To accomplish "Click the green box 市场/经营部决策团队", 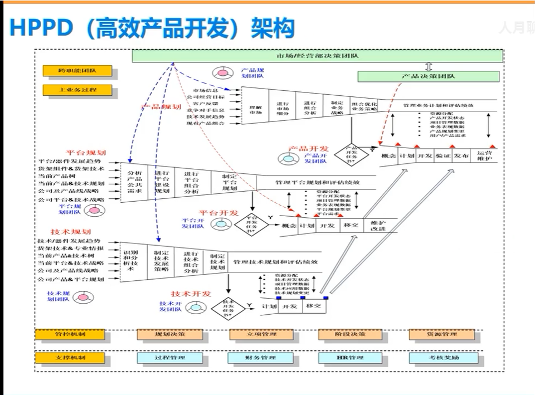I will [318, 56].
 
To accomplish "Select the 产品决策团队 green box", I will [428, 76].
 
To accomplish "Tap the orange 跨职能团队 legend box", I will [77, 71].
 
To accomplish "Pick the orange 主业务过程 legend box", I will [77, 90].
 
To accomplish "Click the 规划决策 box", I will [170, 334].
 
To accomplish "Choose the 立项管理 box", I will [261, 334].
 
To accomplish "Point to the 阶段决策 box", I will [350, 334].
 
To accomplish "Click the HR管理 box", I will [350, 357].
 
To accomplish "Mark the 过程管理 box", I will [170, 357].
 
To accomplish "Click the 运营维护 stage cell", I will [484, 156].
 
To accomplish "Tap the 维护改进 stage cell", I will [378, 226].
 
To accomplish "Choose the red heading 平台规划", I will [86, 152].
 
